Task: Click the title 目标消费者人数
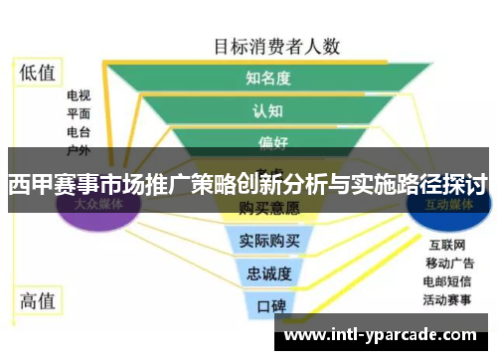coord(277,45)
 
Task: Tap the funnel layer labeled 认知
coord(268,110)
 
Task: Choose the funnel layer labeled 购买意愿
coord(269,210)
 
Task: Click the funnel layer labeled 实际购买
coord(269,240)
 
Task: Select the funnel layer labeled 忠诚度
coord(269,271)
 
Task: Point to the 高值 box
coord(38,300)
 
